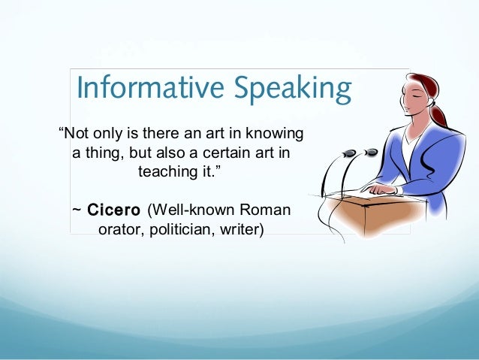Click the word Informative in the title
pyautogui.click(x=143, y=89)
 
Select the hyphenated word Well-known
pyautogui.click(x=188, y=208)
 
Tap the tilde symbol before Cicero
pyautogui.click(x=76, y=209)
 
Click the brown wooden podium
pyautogui.click(x=368, y=218)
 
